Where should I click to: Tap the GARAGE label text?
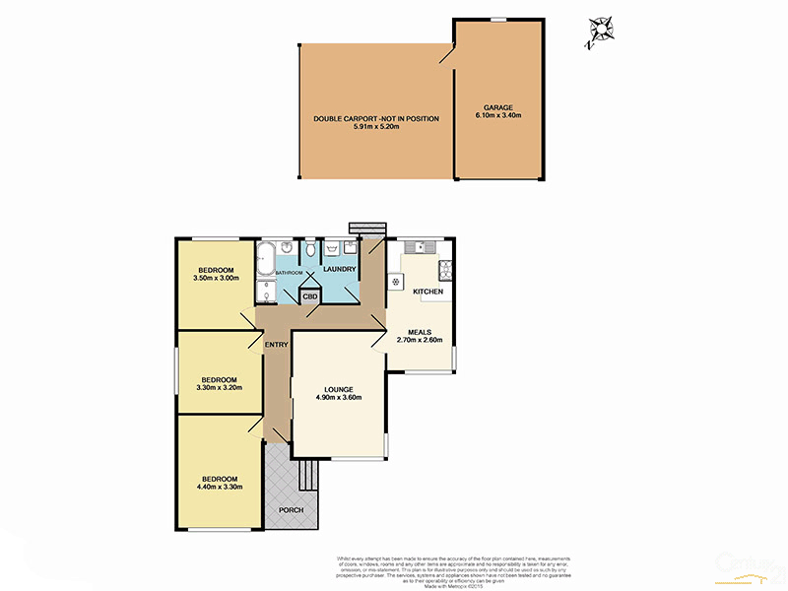pos(497,107)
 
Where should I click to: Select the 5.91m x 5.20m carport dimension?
pos(376,127)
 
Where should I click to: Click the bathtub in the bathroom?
pos(265,260)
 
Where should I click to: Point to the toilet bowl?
pos(311,252)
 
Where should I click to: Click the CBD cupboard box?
pos(310,295)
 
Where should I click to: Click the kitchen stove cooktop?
pos(446,268)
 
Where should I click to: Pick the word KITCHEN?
pos(427,293)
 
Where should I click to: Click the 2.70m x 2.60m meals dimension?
pos(420,341)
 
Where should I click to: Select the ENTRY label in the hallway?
pos(275,344)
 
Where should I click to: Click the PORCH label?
pos(291,509)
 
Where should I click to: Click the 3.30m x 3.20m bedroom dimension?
pos(220,387)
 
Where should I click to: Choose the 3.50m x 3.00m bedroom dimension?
pos(215,279)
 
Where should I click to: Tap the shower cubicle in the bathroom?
pos(266,291)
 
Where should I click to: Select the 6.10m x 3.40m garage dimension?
pos(497,116)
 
